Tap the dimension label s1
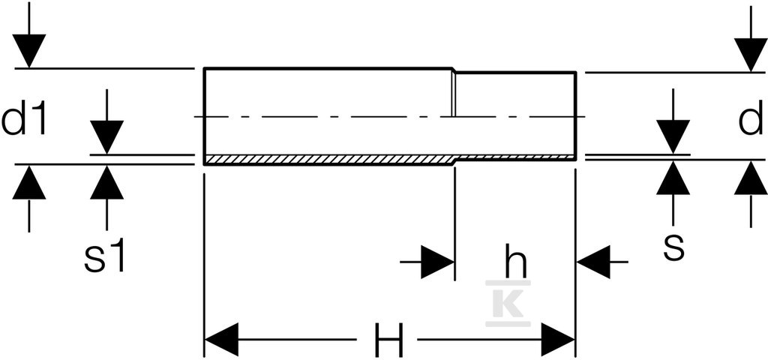pos(105,256)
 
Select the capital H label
pos(388,340)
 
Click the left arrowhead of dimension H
pos(221,340)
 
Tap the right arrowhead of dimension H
pos(558,340)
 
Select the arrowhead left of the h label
pos(438,262)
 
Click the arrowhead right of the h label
pos(594,262)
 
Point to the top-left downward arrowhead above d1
pos(29,50)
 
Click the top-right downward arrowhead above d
pos(751,55)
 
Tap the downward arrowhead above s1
pos(106,137)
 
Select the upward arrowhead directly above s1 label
pos(106,183)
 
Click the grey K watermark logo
pos(508,303)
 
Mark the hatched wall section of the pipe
pos(390,159)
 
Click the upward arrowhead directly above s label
pos(673,178)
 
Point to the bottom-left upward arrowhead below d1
pos(29,182)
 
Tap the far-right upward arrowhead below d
pos(751,178)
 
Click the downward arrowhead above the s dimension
pos(673,136)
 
